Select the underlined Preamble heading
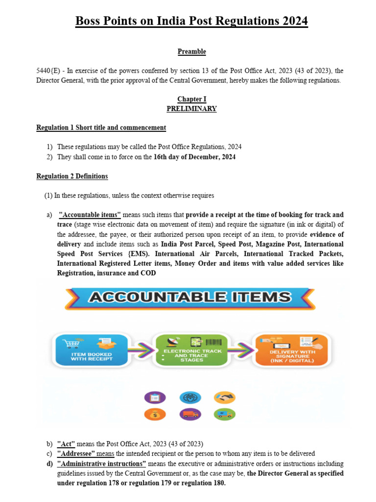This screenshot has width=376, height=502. click(x=191, y=51)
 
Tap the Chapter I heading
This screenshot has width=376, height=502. click(x=191, y=99)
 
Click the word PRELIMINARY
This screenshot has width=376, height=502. click(x=191, y=109)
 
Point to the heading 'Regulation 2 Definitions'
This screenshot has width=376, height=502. click(x=72, y=176)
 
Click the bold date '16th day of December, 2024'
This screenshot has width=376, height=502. click(x=194, y=157)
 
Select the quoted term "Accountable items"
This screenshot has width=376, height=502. click(x=90, y=215)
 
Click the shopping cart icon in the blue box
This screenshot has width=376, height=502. click(x=75, y=343)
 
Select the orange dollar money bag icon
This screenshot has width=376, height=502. click(x=154, y=414)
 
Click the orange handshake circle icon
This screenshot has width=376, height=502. click(x=225, y=398)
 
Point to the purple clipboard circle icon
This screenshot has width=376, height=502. click(x=154, y=398)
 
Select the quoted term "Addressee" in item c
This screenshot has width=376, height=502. click(x=76, y=453)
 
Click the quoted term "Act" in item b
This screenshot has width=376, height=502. click(x=66, y=444)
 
